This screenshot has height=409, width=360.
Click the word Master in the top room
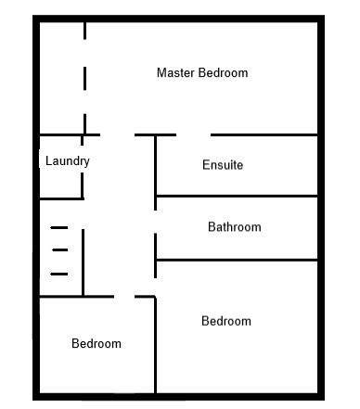pos(176,73)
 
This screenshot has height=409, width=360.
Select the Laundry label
pos(68,161)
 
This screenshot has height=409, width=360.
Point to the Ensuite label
pos(223,165)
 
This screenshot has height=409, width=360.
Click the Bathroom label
pos(235,227)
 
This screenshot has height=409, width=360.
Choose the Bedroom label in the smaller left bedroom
pos(96,343)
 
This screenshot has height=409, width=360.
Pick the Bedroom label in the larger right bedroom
pos(226,321)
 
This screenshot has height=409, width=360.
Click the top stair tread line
pos(59,228)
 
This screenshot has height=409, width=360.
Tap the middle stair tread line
pos(60,249)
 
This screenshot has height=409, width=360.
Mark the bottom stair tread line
pos(59,274)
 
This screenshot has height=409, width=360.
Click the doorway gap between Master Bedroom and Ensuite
pos(194,135)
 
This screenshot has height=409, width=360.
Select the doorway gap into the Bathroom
pos(155,222)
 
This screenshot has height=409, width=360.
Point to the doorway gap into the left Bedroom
pos(124,297)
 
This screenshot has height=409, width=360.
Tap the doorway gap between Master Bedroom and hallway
pos(118,135)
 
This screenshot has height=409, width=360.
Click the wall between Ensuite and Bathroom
pos(238,196)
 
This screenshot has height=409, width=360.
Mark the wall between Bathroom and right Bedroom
pos(238,261)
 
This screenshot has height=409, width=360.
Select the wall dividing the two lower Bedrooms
pos(155,345)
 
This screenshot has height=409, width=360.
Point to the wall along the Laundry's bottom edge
pos(62,198)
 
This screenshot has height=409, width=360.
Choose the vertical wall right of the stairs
pos(83,262)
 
